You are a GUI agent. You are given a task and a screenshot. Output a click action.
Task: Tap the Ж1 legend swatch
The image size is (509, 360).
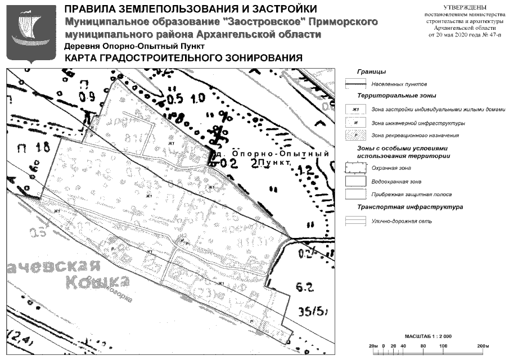point(355,109)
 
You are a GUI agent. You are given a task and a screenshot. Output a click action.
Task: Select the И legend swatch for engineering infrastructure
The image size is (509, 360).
point(355,123)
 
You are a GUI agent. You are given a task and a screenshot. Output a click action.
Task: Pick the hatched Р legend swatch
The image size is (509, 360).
point(355,136)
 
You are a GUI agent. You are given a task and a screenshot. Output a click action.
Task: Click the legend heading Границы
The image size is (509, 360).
point(371,71)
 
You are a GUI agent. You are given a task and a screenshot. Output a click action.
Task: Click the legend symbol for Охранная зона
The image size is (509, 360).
point(355,168)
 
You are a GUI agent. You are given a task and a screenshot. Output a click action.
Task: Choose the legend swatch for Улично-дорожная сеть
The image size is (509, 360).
point(355,222)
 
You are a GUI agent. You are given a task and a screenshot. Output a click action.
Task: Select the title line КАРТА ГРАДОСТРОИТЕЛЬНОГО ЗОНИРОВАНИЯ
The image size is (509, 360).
point(183,58)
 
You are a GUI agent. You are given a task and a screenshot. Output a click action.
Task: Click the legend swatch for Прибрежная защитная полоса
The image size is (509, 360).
point(355,194)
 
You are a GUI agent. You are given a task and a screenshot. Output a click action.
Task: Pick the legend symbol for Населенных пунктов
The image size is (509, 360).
point(355,83)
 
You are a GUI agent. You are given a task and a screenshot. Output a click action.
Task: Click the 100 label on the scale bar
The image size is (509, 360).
point(443,344)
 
